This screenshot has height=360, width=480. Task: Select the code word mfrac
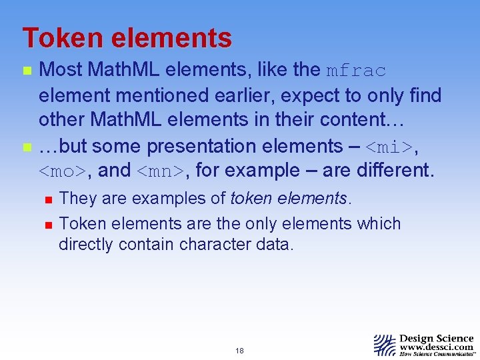(x=357, y=71)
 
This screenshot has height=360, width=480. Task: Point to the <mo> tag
(x=62, y=171)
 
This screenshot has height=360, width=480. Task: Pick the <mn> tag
(x=162, y=171)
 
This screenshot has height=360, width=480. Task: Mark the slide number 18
(x=239, y=351)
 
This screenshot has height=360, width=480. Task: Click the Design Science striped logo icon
(x=385, y=345)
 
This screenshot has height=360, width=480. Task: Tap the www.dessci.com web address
(x=436, y=347)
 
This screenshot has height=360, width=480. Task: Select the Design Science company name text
(x=436, y=339)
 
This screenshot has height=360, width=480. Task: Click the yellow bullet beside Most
(x=27, y=70)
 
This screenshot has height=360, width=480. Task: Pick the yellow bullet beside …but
(x=27, y=146)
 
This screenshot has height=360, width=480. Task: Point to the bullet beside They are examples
(x=47, y=198)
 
